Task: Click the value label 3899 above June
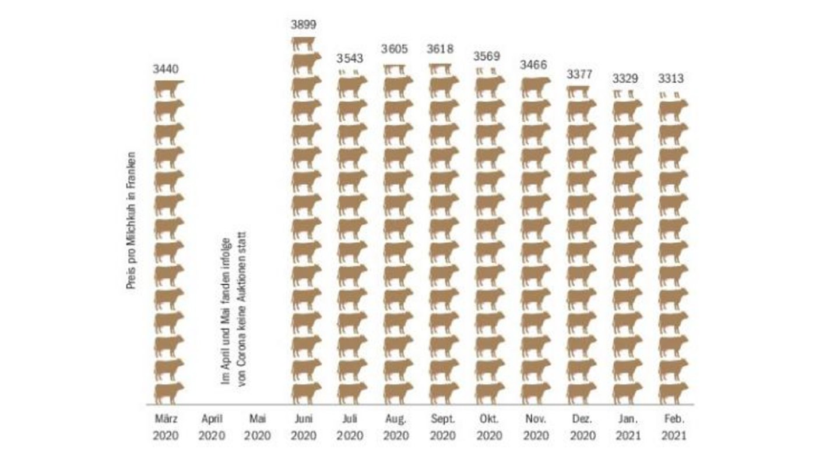(303, 24)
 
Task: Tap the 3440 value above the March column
(166, 69)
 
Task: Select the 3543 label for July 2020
(350, 58)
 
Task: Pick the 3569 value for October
(487, 56)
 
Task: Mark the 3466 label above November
(533, 65)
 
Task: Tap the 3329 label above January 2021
(624, 78)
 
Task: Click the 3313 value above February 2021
(671, 78)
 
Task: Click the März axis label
(166, 418)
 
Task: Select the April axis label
(212, 418)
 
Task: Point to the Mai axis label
(258, 418)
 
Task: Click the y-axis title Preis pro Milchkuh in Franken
(132, 221)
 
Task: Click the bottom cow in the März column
(168, 393)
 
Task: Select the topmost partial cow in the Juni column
(303, 43)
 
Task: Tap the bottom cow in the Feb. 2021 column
(673, 393)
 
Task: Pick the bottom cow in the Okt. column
(490, 393)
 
